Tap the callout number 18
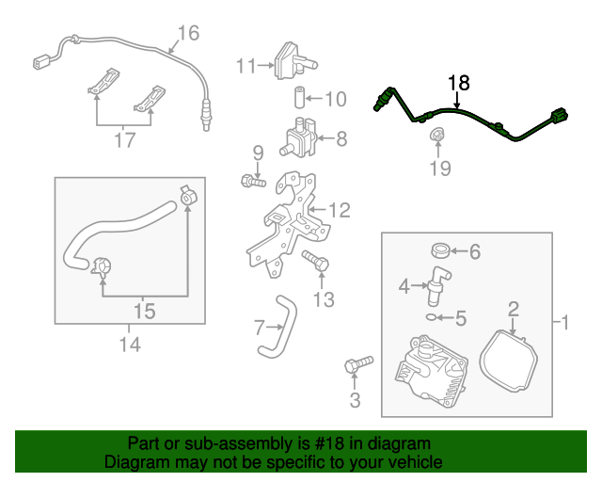457,83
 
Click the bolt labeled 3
358,363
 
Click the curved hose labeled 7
274,325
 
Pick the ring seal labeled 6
439,251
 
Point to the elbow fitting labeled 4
435,283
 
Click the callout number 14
130,345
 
